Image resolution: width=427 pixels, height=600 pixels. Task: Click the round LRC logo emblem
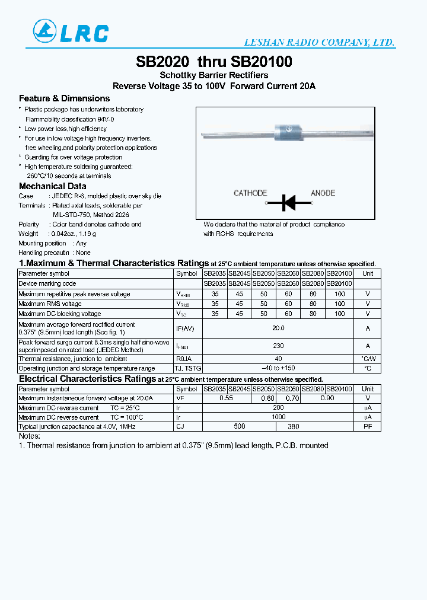point(43,31)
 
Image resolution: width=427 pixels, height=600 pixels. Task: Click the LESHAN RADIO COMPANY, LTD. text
point(320,43)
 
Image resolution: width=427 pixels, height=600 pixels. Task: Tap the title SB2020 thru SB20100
point(213,62)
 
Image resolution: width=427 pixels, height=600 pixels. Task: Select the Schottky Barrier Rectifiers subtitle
point(213,75)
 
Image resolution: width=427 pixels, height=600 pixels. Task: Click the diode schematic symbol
point(289,203)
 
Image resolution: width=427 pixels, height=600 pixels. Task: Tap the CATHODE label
point(250,193)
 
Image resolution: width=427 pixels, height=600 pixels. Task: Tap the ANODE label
point(323,193)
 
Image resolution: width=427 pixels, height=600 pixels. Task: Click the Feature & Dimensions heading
point(64,98)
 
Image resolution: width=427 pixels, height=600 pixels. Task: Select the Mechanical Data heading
point(52,186)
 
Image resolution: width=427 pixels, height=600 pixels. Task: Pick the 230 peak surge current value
point(278,346)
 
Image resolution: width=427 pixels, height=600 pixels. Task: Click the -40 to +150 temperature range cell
point(278,369)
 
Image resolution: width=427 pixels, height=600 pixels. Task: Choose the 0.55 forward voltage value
point(226,398)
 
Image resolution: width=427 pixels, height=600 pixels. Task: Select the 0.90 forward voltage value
point(327,398)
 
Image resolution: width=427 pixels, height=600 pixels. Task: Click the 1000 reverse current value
point(278,417)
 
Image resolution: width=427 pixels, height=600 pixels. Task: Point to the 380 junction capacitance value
point(293,427)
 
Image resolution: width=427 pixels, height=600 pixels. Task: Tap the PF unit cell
point(368,427)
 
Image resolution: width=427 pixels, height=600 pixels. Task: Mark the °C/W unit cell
point(368,359)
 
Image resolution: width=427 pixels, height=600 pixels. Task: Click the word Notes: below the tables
point(29,436)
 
